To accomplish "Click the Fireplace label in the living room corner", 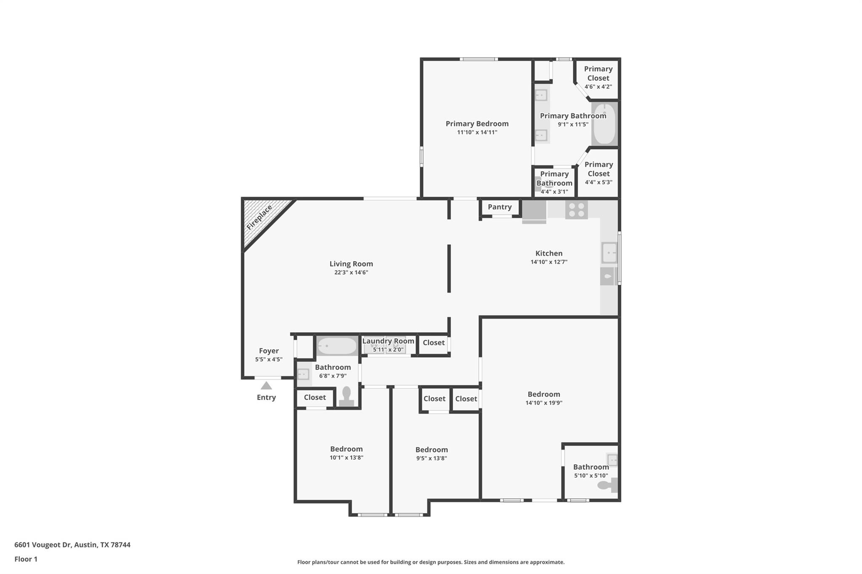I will click(259, 217).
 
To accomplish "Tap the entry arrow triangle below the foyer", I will click(266, 386).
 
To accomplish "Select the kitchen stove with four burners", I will click(576, 210).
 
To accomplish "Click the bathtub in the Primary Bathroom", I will click(604, 124).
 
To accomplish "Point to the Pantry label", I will click(500, 207).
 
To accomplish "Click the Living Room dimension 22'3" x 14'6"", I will click(351, 272).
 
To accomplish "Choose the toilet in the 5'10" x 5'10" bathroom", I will click(607, 485).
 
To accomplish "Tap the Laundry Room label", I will click(388, 341).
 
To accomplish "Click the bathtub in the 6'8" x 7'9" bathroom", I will click(337, 346).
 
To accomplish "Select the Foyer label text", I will click(269, 351).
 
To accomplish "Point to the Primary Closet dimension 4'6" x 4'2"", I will click(598, 87).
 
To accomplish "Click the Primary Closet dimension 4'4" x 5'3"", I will click(598, 183).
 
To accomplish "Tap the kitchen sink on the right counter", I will click(609, 253).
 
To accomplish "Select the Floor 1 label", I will click(26, 559).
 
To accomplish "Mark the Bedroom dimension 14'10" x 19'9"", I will click(544, 403).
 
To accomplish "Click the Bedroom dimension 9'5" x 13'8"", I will click(431, 458).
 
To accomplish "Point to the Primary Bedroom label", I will click(477, 124).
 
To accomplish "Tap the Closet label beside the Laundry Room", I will click(434, 343).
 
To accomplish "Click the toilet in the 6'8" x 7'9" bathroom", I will click(346, 397).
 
